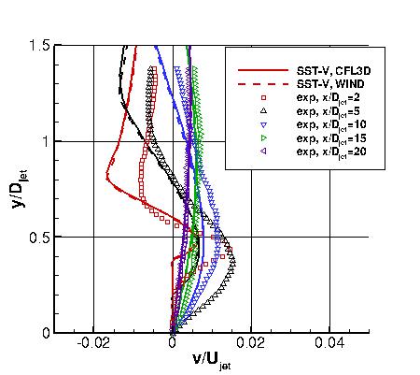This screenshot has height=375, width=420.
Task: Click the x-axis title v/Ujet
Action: pyautogui.click(x=211, y=360)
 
